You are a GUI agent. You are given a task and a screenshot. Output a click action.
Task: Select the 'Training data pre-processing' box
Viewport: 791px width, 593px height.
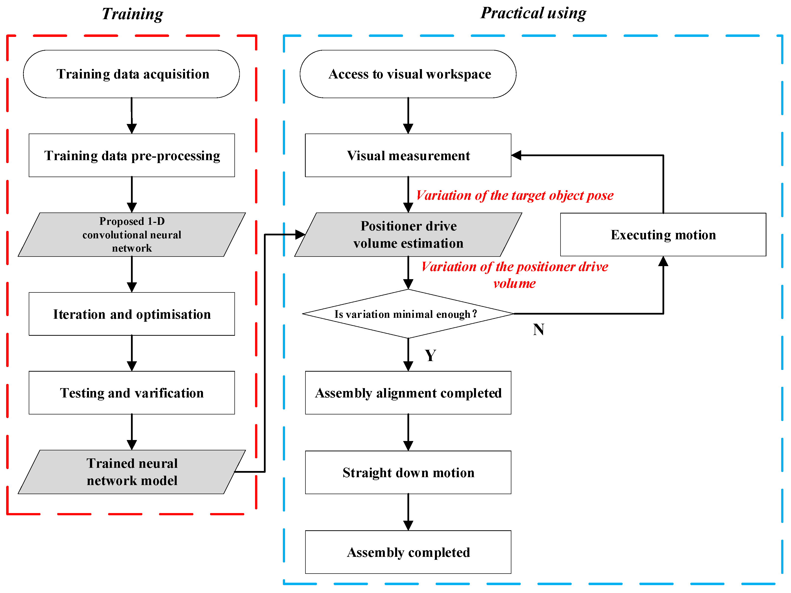(x=132, y=155)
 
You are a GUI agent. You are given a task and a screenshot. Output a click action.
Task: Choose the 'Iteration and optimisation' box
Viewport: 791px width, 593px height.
(x=132, y=314)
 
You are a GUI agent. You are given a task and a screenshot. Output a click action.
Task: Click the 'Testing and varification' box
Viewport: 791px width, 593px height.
(x=132, y=393)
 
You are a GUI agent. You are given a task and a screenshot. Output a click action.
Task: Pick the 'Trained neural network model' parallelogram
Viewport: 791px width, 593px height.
(x=132, y=472)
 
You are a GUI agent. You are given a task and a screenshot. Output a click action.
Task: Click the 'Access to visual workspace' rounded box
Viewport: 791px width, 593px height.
(x=408, y=74)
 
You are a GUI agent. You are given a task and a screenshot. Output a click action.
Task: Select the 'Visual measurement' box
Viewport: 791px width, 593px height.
(x=408, y=155)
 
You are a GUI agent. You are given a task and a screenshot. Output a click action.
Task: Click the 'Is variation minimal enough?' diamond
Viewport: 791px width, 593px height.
(x=408, y=314)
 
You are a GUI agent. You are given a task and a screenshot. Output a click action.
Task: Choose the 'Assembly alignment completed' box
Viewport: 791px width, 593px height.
(x=408, y=393)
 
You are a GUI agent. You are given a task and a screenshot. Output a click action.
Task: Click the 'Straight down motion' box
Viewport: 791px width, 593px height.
(x=408, y=472)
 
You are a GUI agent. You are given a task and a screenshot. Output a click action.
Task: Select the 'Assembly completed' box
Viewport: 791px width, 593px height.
(x=408, y=552)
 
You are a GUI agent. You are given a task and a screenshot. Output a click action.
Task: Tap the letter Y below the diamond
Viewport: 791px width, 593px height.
(x=431, y=355)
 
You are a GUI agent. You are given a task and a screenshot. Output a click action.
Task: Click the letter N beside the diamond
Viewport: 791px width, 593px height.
(x=539, y=329)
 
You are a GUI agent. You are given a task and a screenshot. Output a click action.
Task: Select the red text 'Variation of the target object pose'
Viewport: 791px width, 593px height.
(x=515, y=195)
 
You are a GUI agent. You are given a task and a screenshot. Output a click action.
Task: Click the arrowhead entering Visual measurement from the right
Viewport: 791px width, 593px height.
(x=516, y=155)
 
